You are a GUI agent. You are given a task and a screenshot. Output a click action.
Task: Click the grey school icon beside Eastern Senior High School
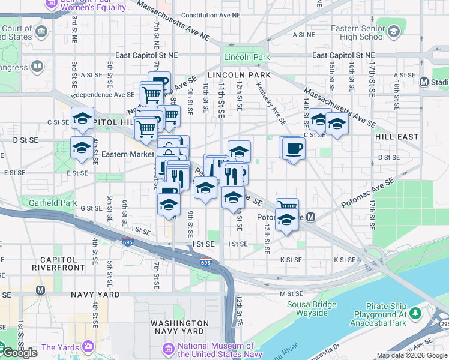(x=394, y=31)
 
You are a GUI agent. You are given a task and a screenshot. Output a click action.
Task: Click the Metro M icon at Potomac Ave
(x=311, y=217)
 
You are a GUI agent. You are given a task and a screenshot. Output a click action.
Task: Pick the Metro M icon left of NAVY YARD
(x=41, y=290)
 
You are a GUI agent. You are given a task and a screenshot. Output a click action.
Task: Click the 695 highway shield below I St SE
(x=205, y=262)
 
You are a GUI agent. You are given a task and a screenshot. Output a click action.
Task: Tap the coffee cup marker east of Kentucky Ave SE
(x=294, y=148)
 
